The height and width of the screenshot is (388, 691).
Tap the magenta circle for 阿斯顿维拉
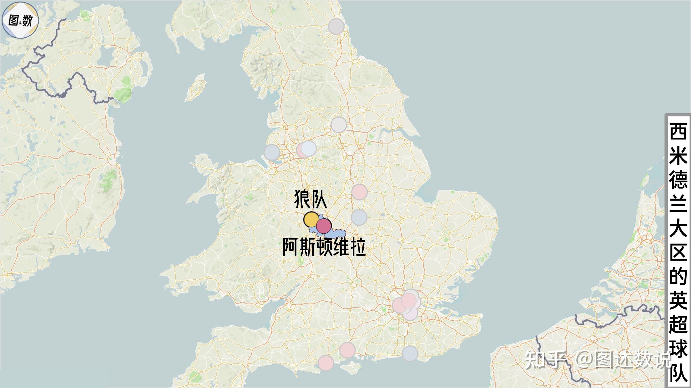pyautogui.click(x=324, y=226)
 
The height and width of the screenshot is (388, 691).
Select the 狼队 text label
pyautogui.click(x=310, y=199)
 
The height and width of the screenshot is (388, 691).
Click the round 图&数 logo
pyautogui.click(x=20, y=20)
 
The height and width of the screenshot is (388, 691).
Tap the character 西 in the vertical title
pyautogui.click(x=678, y=132)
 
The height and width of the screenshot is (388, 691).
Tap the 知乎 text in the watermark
pyautogui.click(x=546, y=360)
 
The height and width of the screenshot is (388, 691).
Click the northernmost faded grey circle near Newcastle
pyautogui.click(x=336, y=26)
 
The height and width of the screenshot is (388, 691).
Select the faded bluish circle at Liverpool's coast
pyautogui.click(x=272, y=152)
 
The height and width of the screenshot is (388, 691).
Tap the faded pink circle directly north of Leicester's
pyautogui.click(x=359, y=192)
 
